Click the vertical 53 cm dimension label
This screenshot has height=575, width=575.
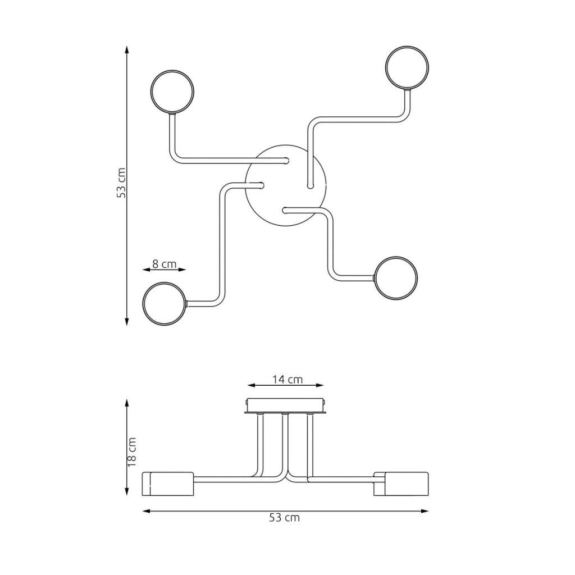coord(121,183)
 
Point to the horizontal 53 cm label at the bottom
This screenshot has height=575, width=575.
coord(285,517)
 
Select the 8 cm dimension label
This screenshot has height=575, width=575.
coord(165,264)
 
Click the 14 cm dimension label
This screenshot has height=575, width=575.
coord(287,379)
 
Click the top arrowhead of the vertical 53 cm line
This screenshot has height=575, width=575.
coord(127,50)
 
